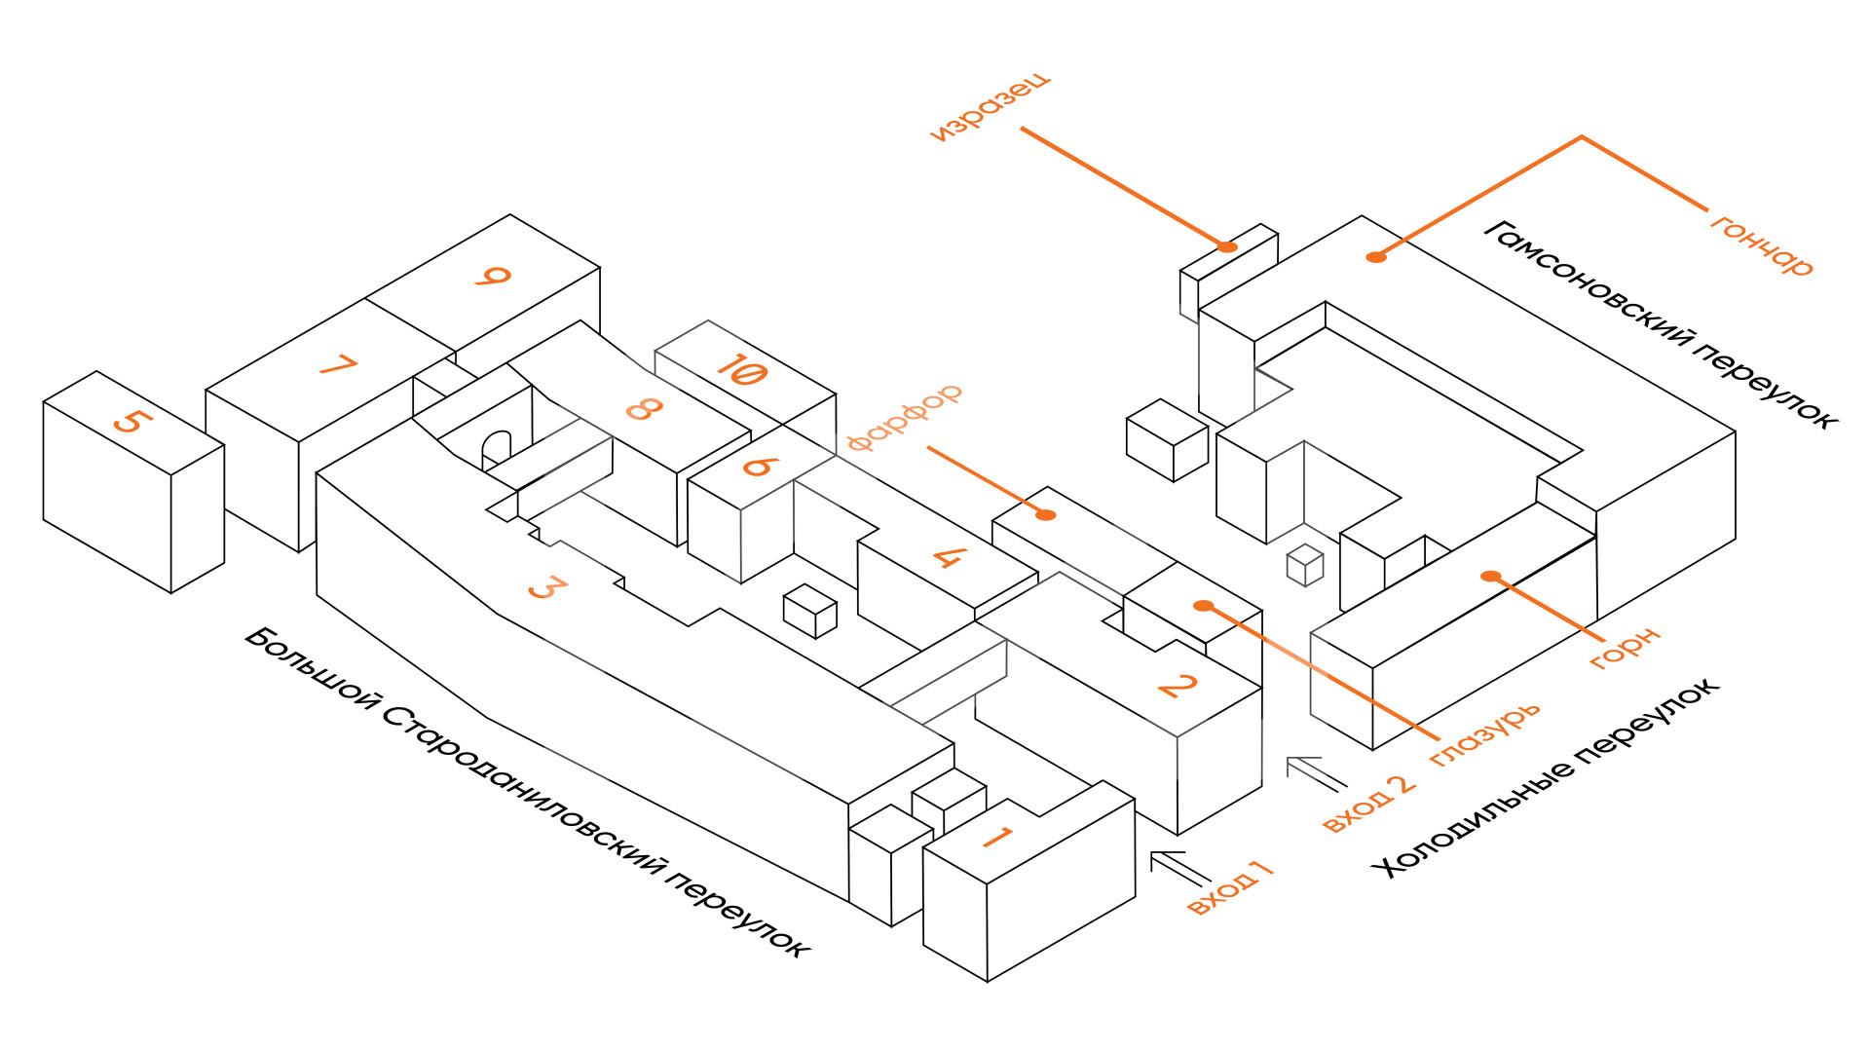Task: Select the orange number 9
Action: [493, 276]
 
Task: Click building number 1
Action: [998, 837]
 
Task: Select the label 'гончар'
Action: [1762, 244]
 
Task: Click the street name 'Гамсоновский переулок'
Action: [1660, 322]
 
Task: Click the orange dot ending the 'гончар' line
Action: [1375, 257]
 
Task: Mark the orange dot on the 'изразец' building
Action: [1228, 246]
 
